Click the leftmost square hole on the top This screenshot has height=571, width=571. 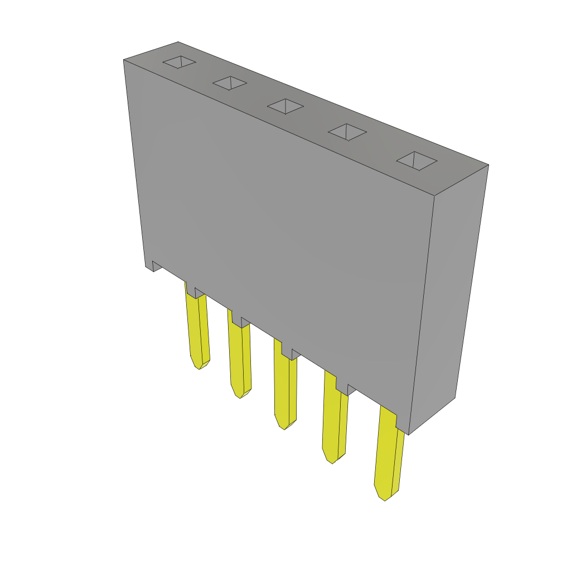pyautogui.click(x=179, y=62)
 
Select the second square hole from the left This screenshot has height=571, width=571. pyautogui.click(x=230, y=83)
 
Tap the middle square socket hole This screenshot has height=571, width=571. pyautogui.click(x=285, y=107)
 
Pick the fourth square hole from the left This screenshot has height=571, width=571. pyautogui.click(x=347, y=132)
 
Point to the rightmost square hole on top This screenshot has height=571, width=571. pyautogui.click(x=417, y=161)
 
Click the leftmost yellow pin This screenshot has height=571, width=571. pyautogui.click(x=198, y=329)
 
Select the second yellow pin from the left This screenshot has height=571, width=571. pyautogui.click(x=240, y=357)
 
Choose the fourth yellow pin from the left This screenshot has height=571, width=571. pyautogui.click(x=334, y=424)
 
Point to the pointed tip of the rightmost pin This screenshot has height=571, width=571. pyautogui.click(x=384, y=499)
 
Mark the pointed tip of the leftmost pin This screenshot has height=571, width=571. pyautogui.click(x=200, y=367)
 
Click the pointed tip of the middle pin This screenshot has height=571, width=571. pyautogui.click(x=284, y=428)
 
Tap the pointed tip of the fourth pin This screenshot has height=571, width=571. pyautogui.click(x=332, y=462)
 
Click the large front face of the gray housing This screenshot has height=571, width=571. pyautogui.click(x=279, y=223)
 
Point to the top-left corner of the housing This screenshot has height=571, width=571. pyautogui.click(x=124, y=60)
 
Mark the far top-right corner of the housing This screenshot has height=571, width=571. pyautogui.click(x=488, y=165)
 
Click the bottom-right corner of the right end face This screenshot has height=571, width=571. pyautogui.click(x=454, y=398)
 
